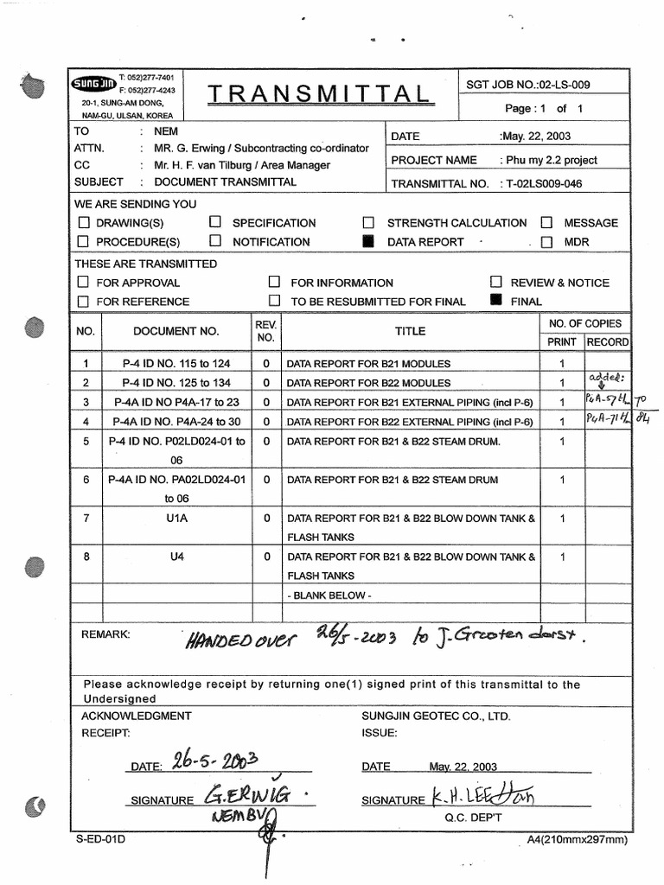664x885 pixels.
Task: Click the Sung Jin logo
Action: click(94, 84)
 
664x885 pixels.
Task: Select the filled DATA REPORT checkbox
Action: click(369, 242)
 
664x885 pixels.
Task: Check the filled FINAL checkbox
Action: click(495, 301)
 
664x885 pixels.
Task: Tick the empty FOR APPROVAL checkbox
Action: click(84, 283)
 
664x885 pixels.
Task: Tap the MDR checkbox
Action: click(546, 243)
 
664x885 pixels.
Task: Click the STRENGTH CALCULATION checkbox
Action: click(369, 223)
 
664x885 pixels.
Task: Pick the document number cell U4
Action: click(177, 557)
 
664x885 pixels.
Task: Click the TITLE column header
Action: click(411, 331)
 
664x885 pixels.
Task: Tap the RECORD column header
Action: click(608, 342)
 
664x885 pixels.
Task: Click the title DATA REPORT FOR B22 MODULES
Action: click(368, 383)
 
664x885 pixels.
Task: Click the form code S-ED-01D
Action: click(99, 839)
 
